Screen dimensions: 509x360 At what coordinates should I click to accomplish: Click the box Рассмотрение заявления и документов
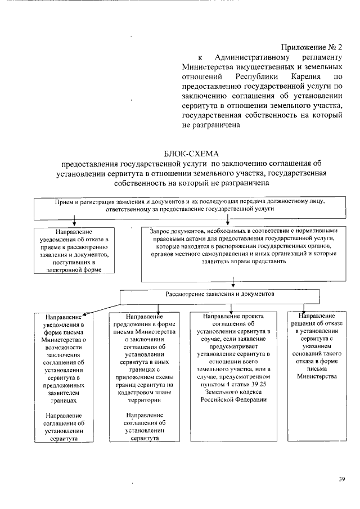point(220,295)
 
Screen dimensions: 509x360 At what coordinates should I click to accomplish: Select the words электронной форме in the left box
point(74,270)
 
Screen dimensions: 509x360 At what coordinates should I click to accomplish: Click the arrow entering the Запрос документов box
point(220,224)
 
